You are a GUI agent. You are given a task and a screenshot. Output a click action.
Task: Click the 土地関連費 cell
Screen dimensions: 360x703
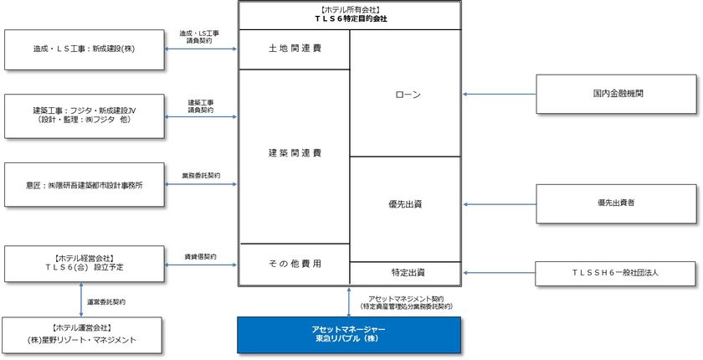pyautogui.click(x=294, y=49)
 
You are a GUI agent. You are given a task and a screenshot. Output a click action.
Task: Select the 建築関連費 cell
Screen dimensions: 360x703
pyautogui.click(x=294, y=153)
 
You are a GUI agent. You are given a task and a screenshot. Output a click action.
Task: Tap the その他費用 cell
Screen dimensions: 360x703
pyautogui.click(x=294, y=263)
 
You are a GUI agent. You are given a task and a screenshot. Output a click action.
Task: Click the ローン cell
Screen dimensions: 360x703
pyautogui.click(x=405, y=94)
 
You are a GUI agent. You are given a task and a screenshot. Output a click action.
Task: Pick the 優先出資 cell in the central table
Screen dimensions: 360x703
pyautogui.click(x=405, y=203)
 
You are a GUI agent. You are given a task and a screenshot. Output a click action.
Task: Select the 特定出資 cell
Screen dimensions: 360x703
pyautogui.click(x=405, y=273)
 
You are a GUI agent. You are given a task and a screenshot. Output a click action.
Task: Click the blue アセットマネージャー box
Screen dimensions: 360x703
pyautogui.click(x=349, y=334)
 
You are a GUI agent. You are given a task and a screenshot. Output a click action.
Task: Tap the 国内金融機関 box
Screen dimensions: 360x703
pyautogui.click(x=616, y=94)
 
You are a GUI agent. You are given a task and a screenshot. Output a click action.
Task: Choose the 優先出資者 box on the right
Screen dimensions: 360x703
pyautogui.click(x=616, y=203)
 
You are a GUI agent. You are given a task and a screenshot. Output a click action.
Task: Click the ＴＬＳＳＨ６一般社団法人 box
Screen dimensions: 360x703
pyautogui.click(x=616, y=273)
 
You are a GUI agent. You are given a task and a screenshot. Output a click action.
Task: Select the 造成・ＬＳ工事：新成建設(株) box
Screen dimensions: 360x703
pyautogui.click(x=85, y=49)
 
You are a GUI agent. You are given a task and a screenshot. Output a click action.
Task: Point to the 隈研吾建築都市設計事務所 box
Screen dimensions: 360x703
pyautogui.click(x=85, y=183)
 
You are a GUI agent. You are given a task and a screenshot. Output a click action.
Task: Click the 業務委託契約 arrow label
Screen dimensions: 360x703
pyautogui.click(x=201, y=176)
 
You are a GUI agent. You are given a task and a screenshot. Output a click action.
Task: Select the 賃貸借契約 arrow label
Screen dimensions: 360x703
pyautogui.click(x=201, y=255)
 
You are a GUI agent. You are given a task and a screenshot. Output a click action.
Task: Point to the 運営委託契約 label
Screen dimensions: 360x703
pyautogui.click(x=107, y=301)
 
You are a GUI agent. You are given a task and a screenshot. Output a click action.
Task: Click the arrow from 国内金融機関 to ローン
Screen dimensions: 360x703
pyautogui.click(x=499, y=94)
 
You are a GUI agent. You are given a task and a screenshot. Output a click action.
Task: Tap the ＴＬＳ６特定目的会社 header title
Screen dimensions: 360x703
pyautogui.click(x=349, y=18)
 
